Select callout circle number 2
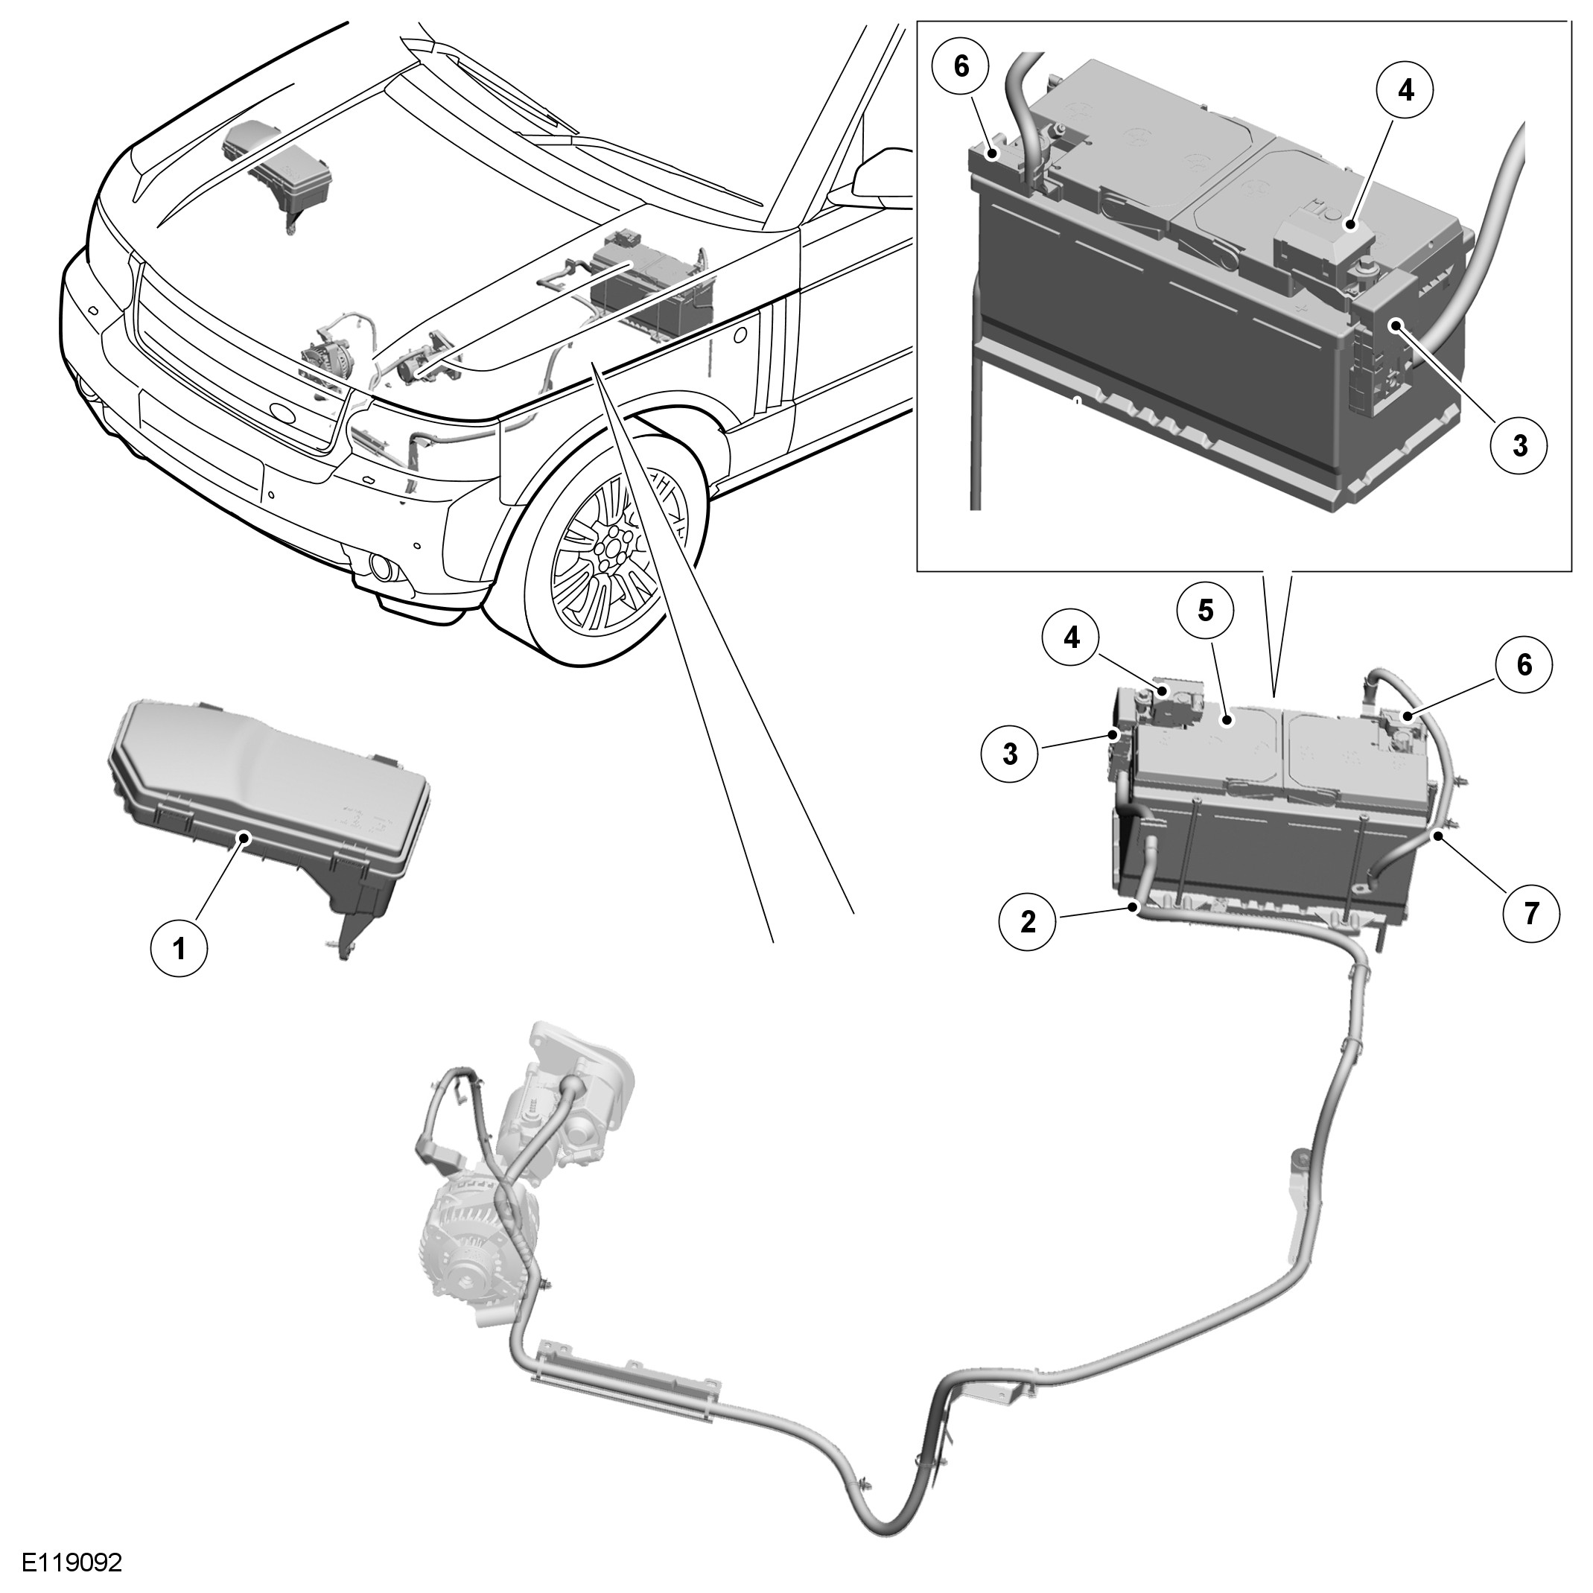pos(1028,921)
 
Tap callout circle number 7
pos(1531,914)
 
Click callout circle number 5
pos(1206,611)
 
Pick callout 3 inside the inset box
pos(1519,446)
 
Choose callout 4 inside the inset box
pos(1406,90)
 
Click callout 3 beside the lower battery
pos(1010,754)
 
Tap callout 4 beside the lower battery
pos(1070,637)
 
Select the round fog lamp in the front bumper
pos(381,567)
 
